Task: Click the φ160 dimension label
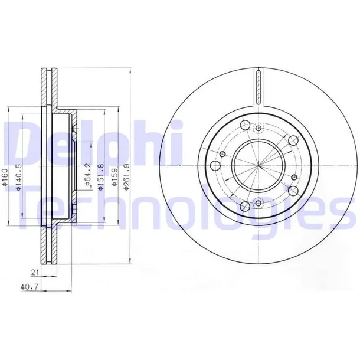[x=5, y=177]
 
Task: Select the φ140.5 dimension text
[x=19, y=177]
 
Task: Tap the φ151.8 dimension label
[x=101, y=177]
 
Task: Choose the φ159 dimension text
[x=114, y=177]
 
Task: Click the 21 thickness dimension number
[x=34, y=273]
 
